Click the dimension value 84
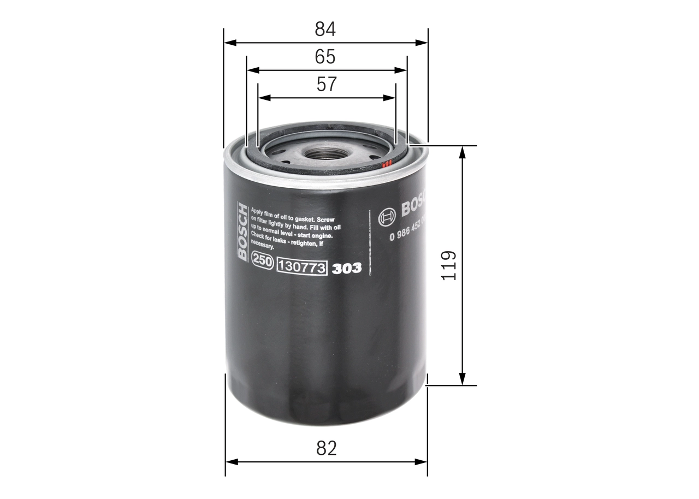pos(325,29)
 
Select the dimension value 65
pos(325,57)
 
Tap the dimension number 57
pos(327,84)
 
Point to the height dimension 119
pos(448,265)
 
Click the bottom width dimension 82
pos(327,448)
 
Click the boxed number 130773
pos(302,267)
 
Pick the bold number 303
pos(347,269)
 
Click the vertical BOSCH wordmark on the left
pos(242,231)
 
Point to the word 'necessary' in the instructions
pos(262,246)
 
